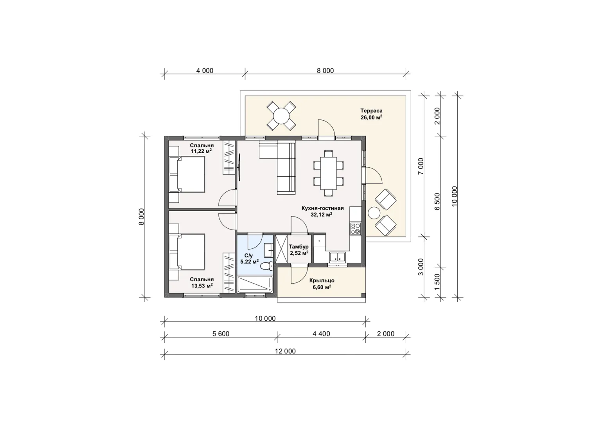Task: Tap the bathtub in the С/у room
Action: [x=255, y=284]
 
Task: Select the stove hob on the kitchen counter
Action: [x=356, y=229]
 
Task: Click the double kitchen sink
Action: [x=337, y=257]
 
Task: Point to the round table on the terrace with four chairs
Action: [x=281, y=116]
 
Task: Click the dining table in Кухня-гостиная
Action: [x=328, y=173]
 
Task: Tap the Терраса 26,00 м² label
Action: [x=371, y=114]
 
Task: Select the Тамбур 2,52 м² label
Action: [x=299, y=250]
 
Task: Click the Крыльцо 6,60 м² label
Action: [x=322, y=284]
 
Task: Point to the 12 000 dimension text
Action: [x=285, y=351]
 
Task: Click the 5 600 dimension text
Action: [x=221, y=334]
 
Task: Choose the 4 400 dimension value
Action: [x=322, y=334]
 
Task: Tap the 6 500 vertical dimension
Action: [x=437, y=201]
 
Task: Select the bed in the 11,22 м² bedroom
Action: [x=187, y=174]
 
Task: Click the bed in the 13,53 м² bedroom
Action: [x=187, y=252]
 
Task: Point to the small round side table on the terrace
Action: [x=374, y=213]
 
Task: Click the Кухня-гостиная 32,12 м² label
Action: [x=322, y=211]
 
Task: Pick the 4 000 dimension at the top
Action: [x=205, y=70]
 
